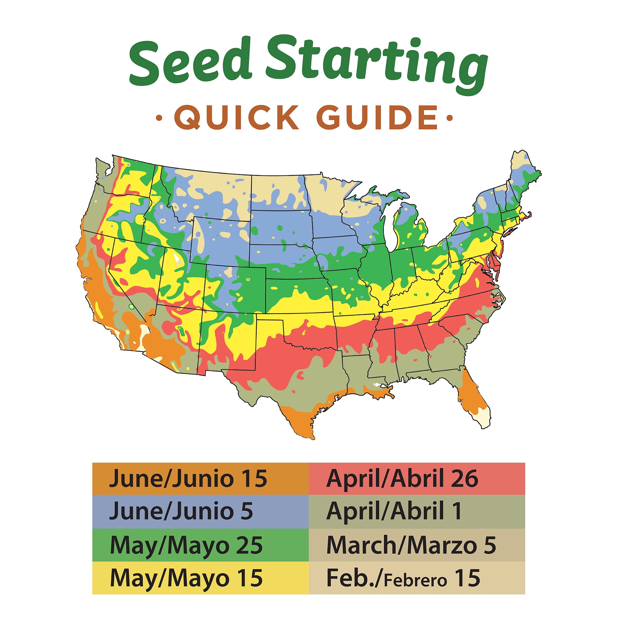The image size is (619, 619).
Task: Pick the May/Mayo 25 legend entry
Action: [186, 545]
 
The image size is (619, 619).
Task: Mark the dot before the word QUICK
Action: [158, 118]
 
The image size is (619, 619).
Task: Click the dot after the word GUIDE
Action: [450, 118]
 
